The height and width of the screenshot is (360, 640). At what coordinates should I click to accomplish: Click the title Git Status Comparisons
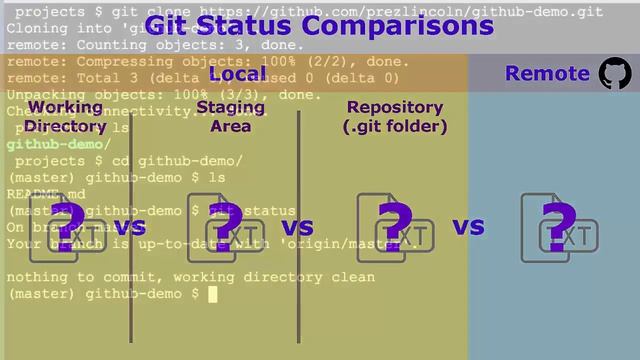pos(319,24)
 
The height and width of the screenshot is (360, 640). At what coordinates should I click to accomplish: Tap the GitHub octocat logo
pos(615,73)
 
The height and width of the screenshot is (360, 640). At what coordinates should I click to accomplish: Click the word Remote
pos(547,73)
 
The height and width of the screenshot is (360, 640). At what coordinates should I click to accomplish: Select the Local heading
pos(238,74)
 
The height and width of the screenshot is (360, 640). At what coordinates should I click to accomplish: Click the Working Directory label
pos(65,116)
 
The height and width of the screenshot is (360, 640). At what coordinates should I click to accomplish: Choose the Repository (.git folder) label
pos(394,116)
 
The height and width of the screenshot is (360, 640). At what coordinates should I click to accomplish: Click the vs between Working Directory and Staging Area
pos(129,227)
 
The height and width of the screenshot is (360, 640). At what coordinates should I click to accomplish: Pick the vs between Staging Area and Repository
pos(297,227)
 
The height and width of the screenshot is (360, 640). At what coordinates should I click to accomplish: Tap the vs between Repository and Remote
pos(468,227)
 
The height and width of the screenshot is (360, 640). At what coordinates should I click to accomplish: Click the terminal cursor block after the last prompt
pos(212,294)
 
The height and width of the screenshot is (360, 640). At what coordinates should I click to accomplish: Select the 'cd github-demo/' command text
pos(175,160)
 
